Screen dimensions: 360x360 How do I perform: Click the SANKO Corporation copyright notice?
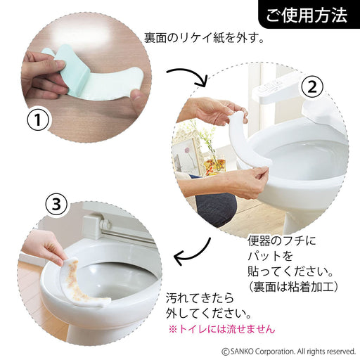288,350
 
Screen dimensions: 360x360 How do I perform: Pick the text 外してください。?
209,313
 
